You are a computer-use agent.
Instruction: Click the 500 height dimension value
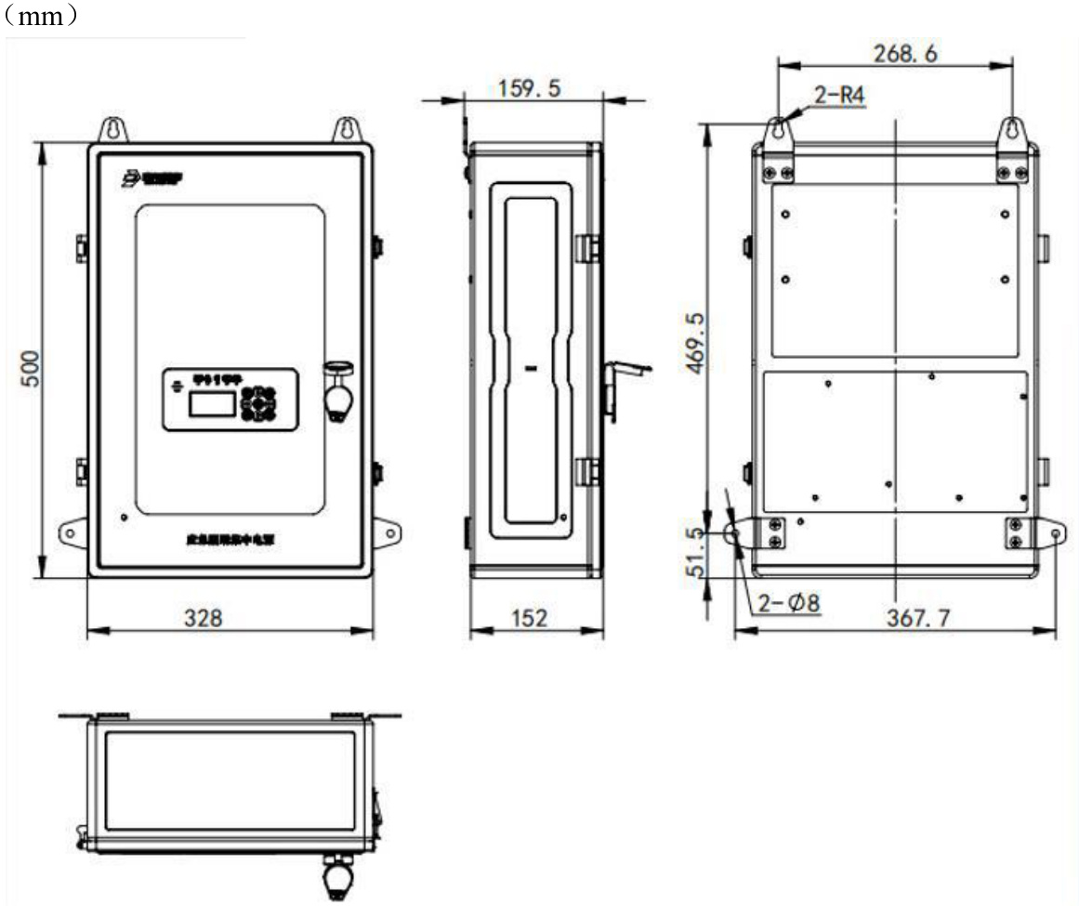(30, 369)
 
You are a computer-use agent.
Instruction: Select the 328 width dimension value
(202, 618)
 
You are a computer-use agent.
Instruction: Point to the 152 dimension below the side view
(529, 618)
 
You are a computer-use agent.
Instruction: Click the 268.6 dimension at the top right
(904, 53)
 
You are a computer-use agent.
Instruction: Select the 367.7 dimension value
(917, 618)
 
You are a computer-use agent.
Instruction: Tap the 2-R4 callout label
(838, 95)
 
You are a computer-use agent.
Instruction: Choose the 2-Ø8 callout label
(789, 603)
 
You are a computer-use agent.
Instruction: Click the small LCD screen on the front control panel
(211, 402)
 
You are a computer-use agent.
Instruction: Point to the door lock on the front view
(338, 390)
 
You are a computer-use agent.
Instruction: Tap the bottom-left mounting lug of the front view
(73, 532)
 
